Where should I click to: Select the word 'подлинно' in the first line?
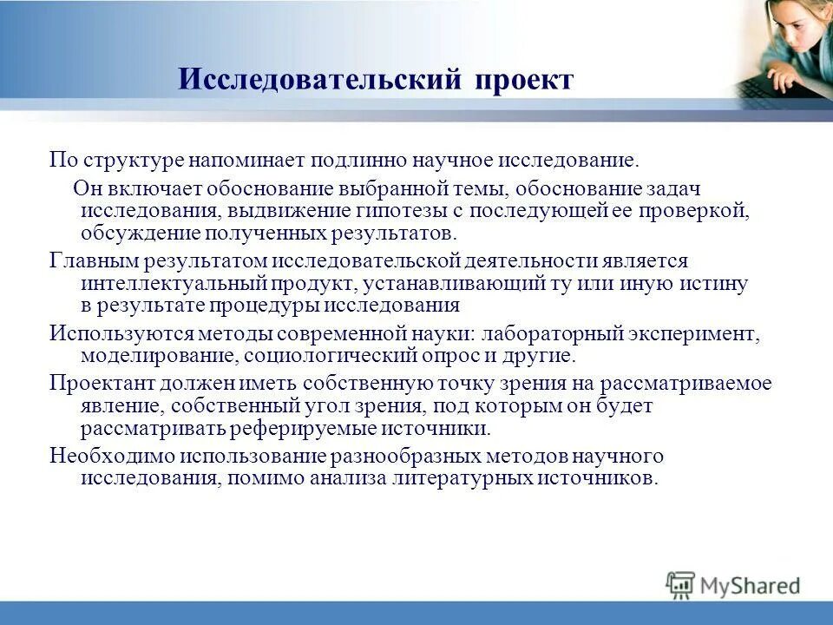click(381, 160)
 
